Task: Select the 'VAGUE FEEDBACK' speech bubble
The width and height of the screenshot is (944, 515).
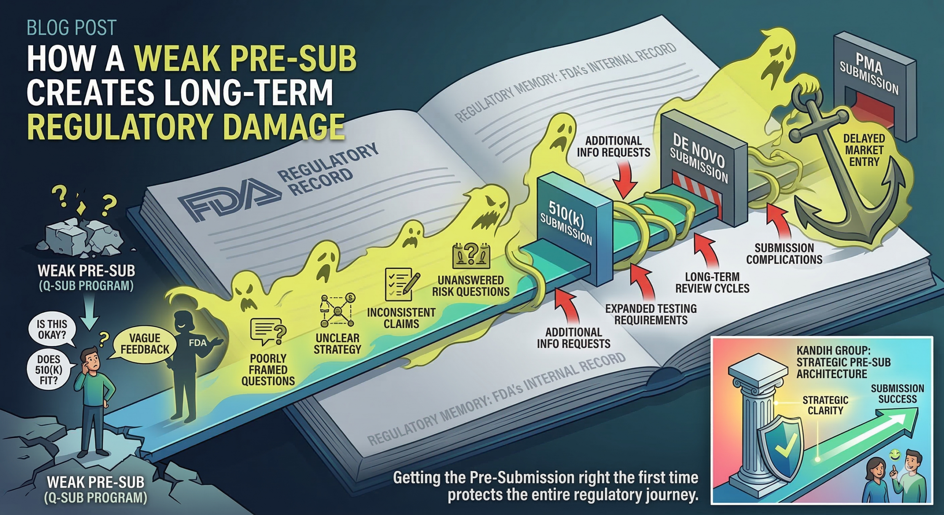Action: pyautogui.click(x=145, y=344)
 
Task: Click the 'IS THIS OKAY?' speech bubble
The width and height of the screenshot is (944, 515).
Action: pyautogui.click(x=52, y=329)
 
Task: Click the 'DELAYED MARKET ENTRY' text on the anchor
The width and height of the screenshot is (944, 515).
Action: pyautogui.click(x=864, y=150)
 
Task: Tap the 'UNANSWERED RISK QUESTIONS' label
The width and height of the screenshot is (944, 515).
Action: pyautogui.click(x=471, y=286)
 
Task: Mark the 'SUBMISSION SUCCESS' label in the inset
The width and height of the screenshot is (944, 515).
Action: pyautogui.click(x=897, y=394)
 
